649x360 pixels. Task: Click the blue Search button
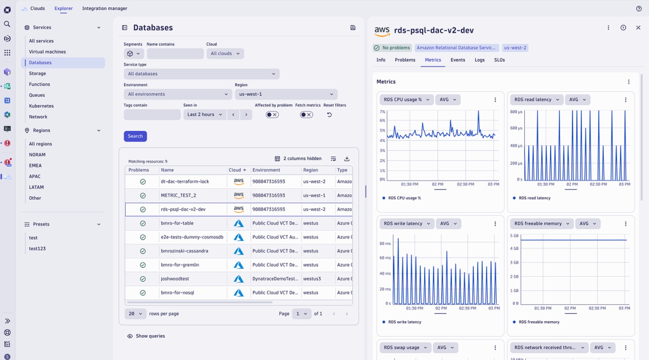(x=135, y=136)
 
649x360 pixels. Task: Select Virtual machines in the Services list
(x=47, y=52)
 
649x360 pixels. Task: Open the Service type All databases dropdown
(x=202, y=74)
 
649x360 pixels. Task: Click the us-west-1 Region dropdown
(x=286, y=94)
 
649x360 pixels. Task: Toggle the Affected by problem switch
(x=272, y=115)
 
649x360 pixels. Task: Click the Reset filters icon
(x=329, y=115)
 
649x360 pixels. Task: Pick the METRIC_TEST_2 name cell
(x=178, y=195)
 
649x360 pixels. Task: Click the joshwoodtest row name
(x=175, y=279)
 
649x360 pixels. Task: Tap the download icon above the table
(x=347, y=159)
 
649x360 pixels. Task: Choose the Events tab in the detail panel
(x=457, y=60)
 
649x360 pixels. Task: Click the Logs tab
(x=479, y=60)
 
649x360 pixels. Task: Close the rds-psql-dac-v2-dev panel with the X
(x=638, y=28)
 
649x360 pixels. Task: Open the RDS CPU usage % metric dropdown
(x=406, y=100)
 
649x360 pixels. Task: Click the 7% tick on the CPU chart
(x=382, y=112)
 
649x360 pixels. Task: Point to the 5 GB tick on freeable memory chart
(x=514, y=236)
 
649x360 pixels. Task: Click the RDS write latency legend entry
(x=404, y=322)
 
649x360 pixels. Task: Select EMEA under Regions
(x=35, y=165)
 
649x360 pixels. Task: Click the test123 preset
(x=37, y=249)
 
